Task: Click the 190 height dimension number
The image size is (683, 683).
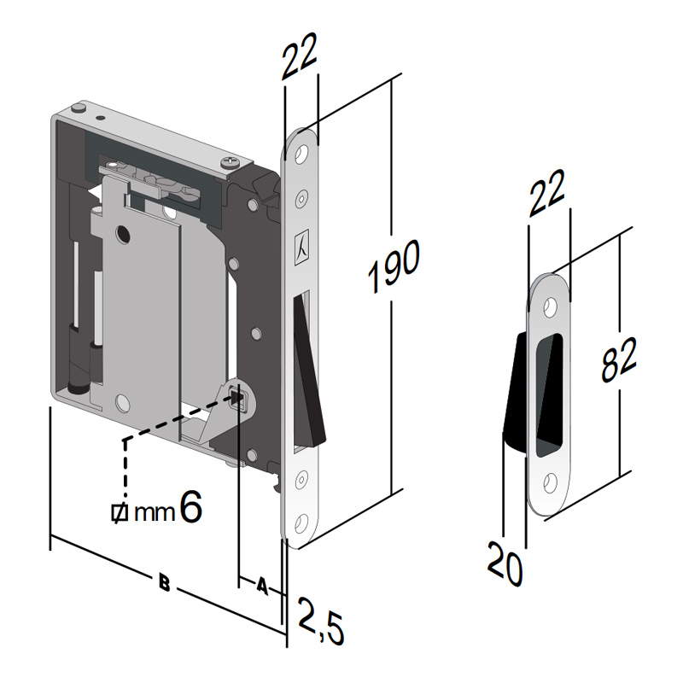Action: point(394,266)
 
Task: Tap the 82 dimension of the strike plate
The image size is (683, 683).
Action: point(618,359)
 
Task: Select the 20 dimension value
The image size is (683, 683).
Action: point(505,563)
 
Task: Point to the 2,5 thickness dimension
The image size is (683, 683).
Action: point(321,622)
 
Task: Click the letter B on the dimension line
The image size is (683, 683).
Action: point(164,582)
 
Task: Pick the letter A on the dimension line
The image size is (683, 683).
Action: point(262,586)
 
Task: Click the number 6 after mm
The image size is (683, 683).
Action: point(190,506)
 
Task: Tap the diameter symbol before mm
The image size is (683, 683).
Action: point(119,512)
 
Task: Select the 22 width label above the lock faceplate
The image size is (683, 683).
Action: point(300,56)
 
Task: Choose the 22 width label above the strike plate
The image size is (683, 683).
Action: point(546,193)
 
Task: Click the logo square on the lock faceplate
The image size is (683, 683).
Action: point(301,247)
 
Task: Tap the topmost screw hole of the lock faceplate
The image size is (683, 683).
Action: point(301,155)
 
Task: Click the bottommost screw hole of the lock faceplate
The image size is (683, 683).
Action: point(301,522)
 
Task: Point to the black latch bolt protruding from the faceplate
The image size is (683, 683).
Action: point(309,371)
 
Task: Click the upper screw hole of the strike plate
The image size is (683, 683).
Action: point(551,307)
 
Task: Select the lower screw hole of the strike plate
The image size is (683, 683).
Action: point(551,483)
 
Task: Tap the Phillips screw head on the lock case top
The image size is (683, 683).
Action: point(231,162)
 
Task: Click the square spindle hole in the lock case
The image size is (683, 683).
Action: point(238,397)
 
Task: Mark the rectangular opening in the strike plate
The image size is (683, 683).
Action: point(549,395)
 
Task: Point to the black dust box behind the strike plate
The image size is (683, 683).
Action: point(517,394)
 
